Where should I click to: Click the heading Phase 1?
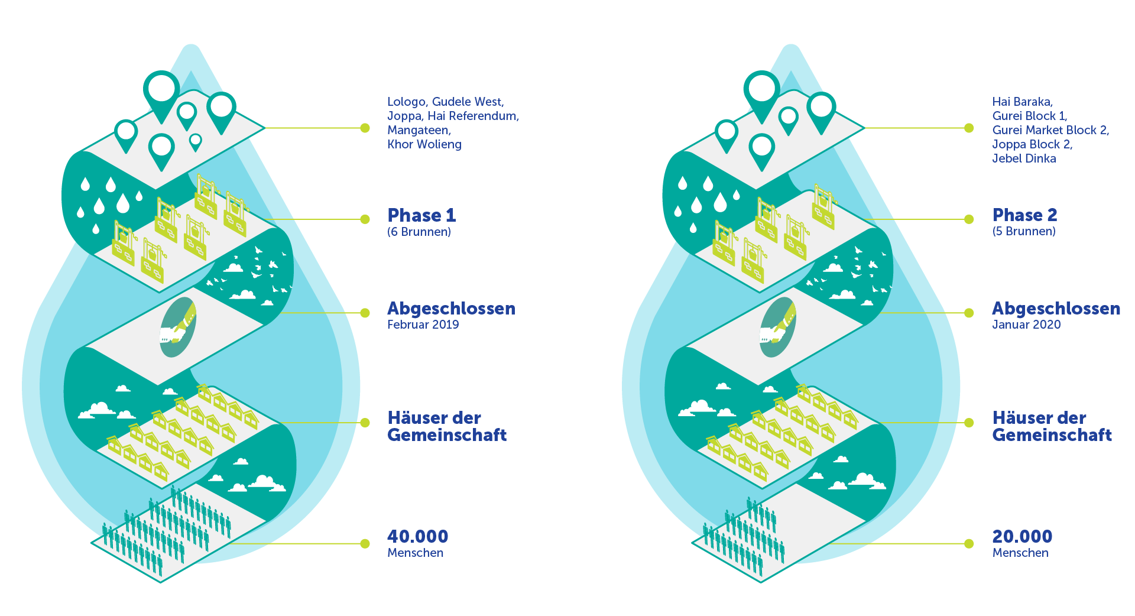point(421,215)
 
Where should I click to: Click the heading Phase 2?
point(1024,215)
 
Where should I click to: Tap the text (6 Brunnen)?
point(419,232)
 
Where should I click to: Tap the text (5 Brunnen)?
point(1024,231)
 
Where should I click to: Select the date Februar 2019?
point(423,325)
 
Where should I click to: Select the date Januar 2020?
point(1026,325)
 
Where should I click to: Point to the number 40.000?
point(418,536)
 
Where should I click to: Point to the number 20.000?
point(1022,536)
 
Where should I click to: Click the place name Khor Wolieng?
point(424,144)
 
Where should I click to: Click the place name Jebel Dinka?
point(1024,158)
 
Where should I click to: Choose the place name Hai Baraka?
point(1022,102)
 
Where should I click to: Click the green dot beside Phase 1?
point(365,219)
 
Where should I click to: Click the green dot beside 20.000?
point(969,544)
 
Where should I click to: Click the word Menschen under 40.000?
point(416,553)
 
